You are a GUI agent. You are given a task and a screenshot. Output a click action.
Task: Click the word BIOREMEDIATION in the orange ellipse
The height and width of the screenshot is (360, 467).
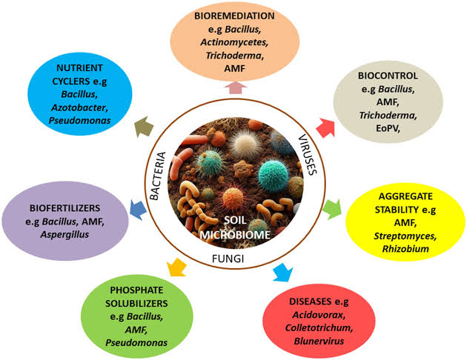click(x=235, y=15)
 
